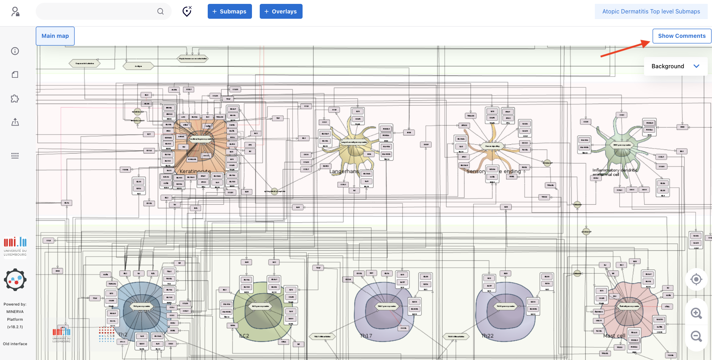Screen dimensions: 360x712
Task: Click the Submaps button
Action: tap(229, 11)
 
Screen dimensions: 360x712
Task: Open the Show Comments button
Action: tap(682, 36)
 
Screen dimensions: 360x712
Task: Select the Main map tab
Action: tap(55, 36)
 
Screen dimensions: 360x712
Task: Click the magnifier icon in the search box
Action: tap(160, 11)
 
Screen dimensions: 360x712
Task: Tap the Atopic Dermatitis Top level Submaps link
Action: tap(651, 11)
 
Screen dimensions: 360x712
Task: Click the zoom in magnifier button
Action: tap(696, 313)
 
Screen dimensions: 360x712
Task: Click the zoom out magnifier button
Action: tap(696, 336)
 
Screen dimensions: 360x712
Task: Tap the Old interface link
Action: tap(15, 344)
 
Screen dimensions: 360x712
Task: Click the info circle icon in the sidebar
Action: tap(15, 51)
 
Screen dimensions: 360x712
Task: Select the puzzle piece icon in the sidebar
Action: tap(15, 99)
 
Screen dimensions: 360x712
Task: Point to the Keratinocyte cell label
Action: tap(195, 172)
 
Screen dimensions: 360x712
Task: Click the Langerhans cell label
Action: tap(344, 172)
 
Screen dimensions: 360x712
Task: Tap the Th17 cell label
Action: tap(366, 336)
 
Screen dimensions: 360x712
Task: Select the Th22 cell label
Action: tap(487, 336)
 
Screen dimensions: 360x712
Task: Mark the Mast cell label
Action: tap(614, 336)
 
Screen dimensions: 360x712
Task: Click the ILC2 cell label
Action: tap(244, 336)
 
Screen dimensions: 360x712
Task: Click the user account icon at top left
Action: tap(15, 12)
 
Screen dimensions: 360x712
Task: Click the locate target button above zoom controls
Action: tap(696, 279)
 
